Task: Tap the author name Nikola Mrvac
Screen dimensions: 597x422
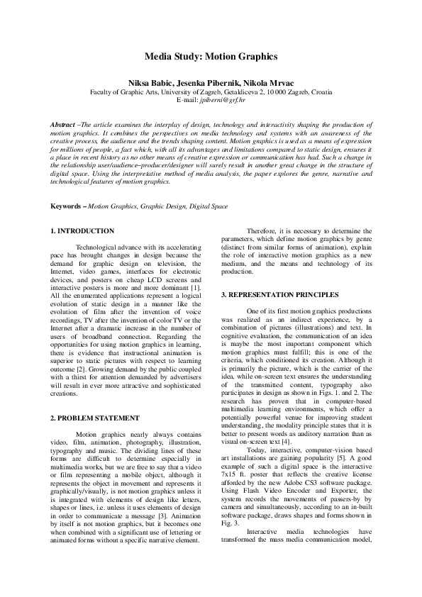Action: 274,82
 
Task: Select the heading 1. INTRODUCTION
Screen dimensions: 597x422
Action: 83,231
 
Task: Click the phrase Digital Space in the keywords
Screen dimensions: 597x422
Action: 209,206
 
